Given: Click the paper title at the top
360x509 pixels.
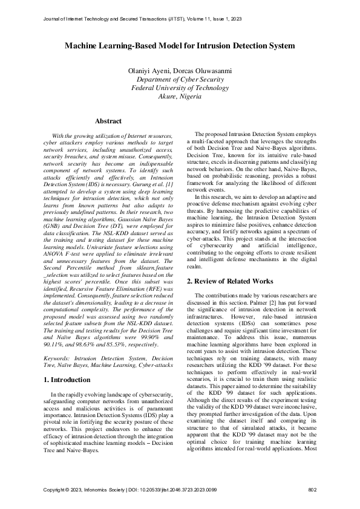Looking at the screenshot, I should [x=180, y=45].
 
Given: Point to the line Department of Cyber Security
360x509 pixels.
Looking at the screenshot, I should [x=180, y=79].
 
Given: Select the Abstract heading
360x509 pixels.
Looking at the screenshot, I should [x=109, y=122].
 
